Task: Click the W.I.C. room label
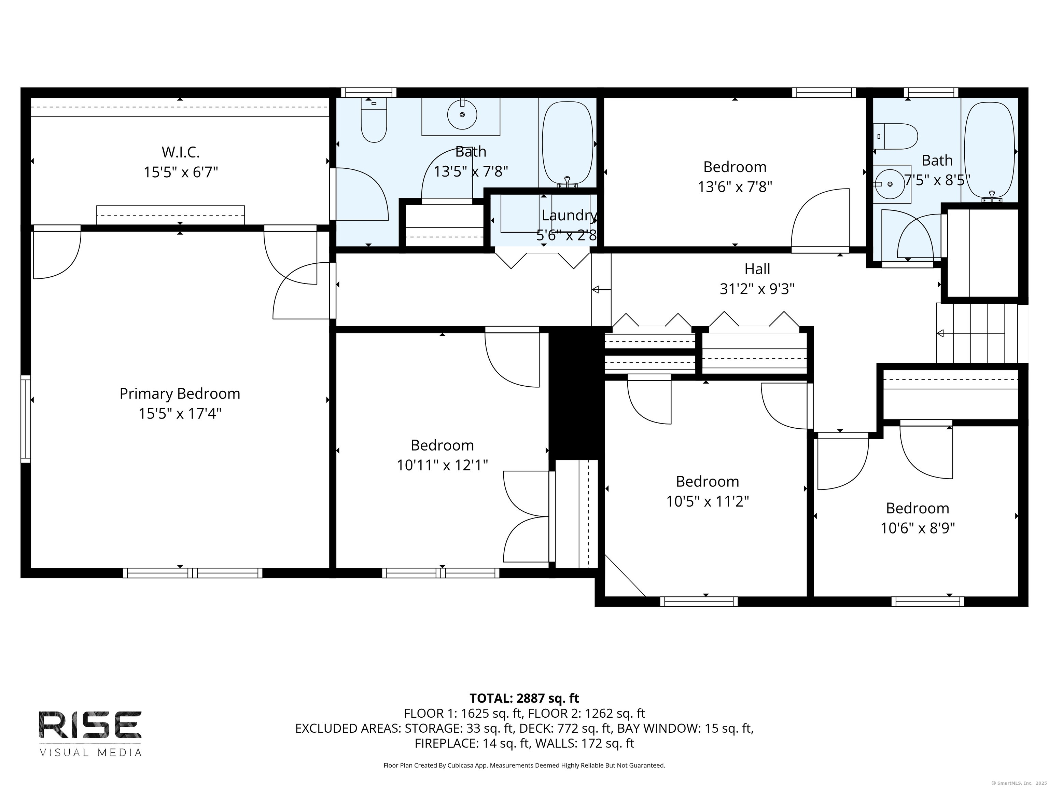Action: click(181, 152)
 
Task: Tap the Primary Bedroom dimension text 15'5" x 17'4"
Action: click(180, 414)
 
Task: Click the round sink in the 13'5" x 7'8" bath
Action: click(462, 114)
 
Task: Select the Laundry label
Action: click(569, 216)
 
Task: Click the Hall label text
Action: click(757, 269)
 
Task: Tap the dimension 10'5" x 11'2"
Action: click(708, 501)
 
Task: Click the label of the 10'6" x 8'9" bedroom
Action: click(918, 508)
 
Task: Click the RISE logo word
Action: click(90, 724)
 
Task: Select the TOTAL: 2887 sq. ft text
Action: click(524, 698)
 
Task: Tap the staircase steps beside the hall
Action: click(977, 333)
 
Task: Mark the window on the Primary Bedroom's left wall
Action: click(26, 419)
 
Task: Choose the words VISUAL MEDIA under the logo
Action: click(90, 753)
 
